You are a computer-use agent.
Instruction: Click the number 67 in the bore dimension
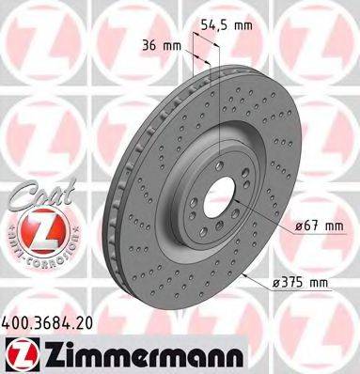pyautogui.click(x=310, y=225)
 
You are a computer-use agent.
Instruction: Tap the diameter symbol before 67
pyautogui.click(x=296, y=225)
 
